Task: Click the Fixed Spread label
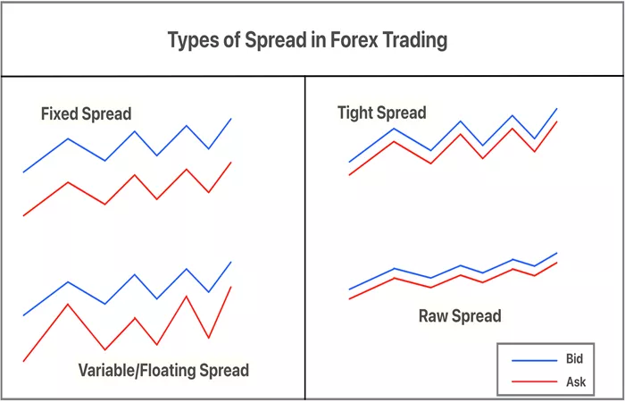click(86, 114)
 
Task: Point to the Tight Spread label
click(382, 113)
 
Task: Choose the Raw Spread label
click(460, 316)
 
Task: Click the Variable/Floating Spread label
click(163, 370)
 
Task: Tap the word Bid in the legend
click(574, 358)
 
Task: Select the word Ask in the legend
click(576, 382)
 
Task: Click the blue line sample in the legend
click(534, 361)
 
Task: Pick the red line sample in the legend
click(534, 382)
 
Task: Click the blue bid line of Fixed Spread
click(134, 131)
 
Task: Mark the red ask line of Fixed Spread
click(134, 175)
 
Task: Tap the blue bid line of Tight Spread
click(461, 121)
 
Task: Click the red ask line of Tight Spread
click(461, 134)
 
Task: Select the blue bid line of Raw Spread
click(461, 265)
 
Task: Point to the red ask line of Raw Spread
click(461, 275)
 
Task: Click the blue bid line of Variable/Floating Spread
click(134, 275)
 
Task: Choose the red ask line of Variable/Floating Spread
click(134, 318)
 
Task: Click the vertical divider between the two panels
click(305, 238)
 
